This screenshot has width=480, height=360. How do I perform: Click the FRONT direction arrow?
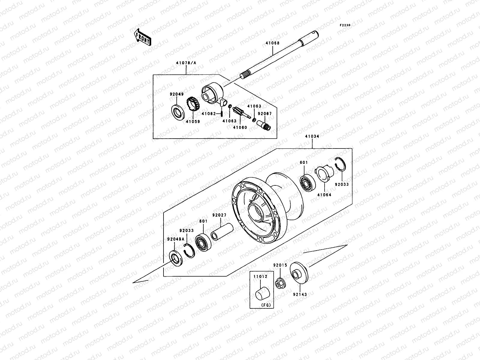(142, 37)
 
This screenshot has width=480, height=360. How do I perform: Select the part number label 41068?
(272, 43)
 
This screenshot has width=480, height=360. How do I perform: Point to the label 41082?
(208, 114)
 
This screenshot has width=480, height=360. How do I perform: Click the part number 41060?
(240, 127)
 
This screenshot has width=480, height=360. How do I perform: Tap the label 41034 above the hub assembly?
(312, 136)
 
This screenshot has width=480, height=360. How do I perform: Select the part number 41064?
(324, 195)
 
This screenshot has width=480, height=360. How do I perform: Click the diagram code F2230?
(345, 25)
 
